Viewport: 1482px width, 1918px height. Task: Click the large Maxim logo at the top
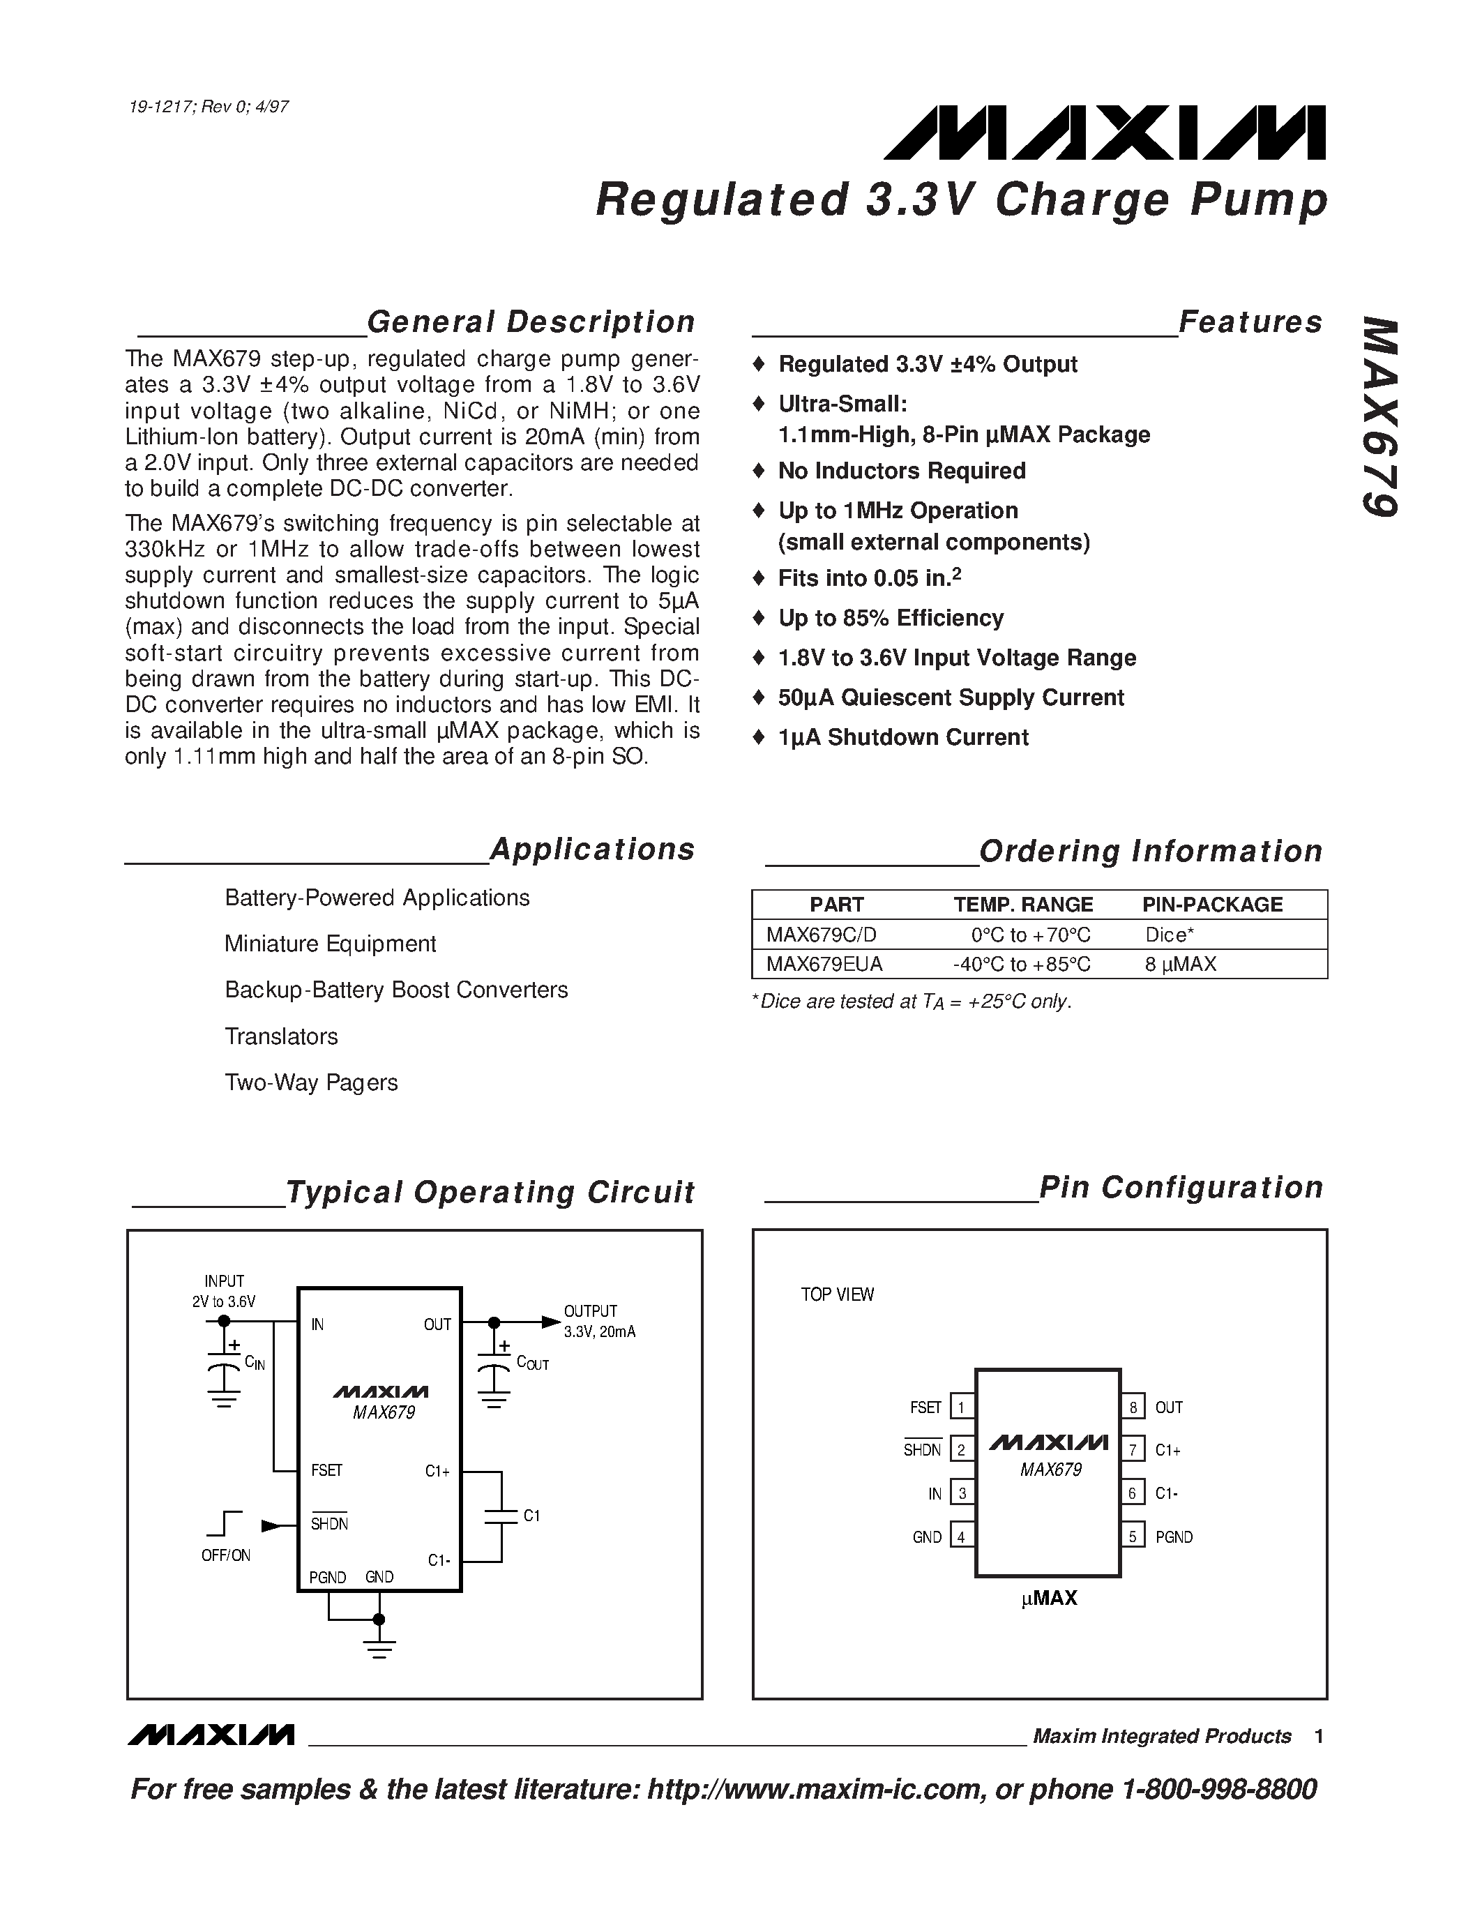click(x=1105, y=133)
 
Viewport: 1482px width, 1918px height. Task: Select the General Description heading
click(x=530, y=322)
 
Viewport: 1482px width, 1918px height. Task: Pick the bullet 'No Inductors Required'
click(x=902, y=471)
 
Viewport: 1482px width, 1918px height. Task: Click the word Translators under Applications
click(x=281, y=1036)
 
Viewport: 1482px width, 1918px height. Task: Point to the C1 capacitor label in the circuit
click(x=531, y=1516)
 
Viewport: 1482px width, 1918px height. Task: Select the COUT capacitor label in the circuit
click(x=532, y=1363)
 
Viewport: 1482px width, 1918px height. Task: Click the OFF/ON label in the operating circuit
click(x=226, y=1555)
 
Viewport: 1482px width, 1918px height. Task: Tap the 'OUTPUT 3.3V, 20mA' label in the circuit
click(x=599, y=1321)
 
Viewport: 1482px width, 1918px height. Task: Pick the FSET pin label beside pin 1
click(x=925, y=1407)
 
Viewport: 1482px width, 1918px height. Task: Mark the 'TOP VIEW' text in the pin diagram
click(x=837, y=1294)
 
